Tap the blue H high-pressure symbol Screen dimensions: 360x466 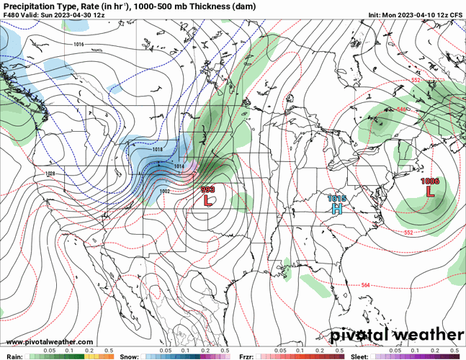point(336,209)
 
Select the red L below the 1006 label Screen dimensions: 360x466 point(431,192)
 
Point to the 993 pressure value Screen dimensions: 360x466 point(207,190)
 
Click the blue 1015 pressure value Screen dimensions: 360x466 point(336,199)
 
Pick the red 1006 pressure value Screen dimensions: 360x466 point(431,181)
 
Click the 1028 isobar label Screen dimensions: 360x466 point(50,174)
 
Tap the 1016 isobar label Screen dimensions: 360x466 point(79,45)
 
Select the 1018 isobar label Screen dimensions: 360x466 point(158,149)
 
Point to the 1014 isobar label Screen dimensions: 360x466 point(179,166)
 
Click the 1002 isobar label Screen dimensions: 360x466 point(164,192)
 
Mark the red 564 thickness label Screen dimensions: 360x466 point(365,285)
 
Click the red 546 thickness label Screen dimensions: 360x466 point(401,109)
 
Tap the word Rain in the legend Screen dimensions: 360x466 point(14,356)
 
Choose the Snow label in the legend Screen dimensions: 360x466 point(130,356)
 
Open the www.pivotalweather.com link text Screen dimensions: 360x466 point(49,341)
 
